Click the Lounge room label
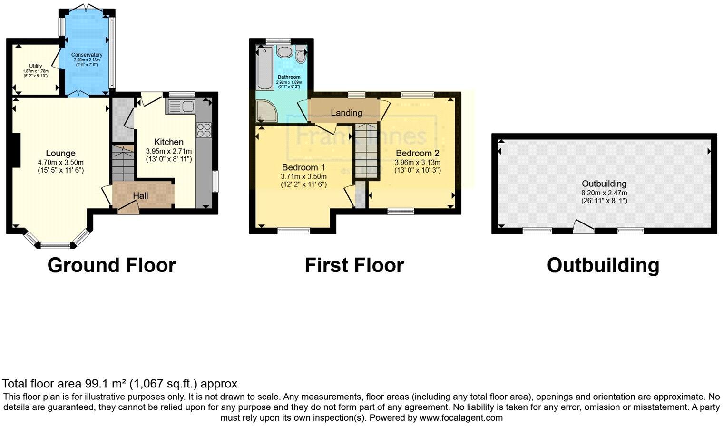point(60,153)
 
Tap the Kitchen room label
point(168,142)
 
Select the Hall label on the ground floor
point(140,195)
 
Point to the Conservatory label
point(87,55)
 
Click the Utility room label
point(36,66)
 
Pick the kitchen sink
point(181,106)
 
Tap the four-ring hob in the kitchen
point(204,130)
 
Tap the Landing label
point(346,113)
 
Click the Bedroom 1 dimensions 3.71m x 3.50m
point(303,176)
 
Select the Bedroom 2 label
point(417,153)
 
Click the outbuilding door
point(583,227)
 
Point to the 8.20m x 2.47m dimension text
point(604,193)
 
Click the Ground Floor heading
point(112,265)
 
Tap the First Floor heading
point(354,265)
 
